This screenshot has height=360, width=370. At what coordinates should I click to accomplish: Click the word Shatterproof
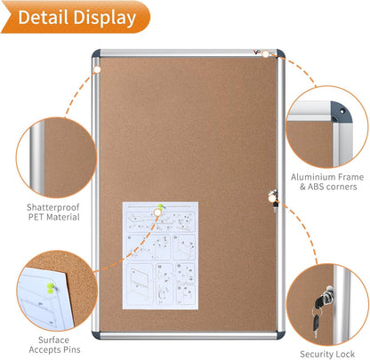51,204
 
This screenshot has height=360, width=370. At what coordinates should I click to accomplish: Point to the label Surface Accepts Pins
50,343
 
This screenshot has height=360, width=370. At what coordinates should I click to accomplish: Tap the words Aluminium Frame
326,176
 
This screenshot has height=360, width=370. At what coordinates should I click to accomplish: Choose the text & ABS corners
326,187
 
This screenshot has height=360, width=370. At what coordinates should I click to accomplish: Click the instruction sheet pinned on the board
160,254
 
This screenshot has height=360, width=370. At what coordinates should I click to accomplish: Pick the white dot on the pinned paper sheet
160,210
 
